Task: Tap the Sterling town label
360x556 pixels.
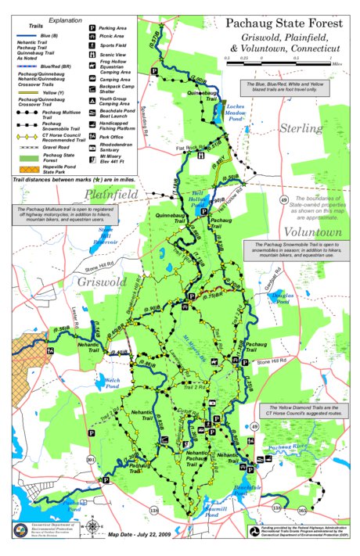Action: click(301, 127)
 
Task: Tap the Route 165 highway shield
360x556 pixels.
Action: click(302, 511)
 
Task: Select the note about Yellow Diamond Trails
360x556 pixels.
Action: click(301, 411)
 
